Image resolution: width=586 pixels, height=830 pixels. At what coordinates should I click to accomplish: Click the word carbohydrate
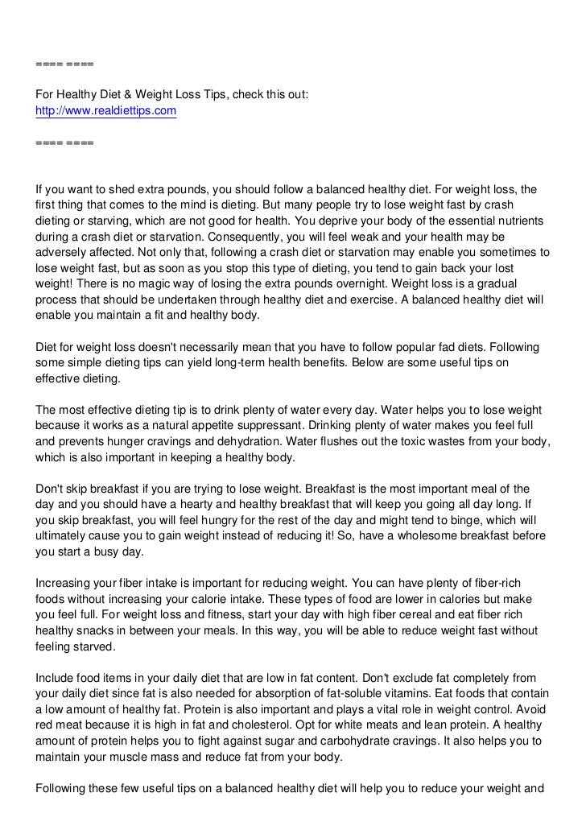pos(396,740)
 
